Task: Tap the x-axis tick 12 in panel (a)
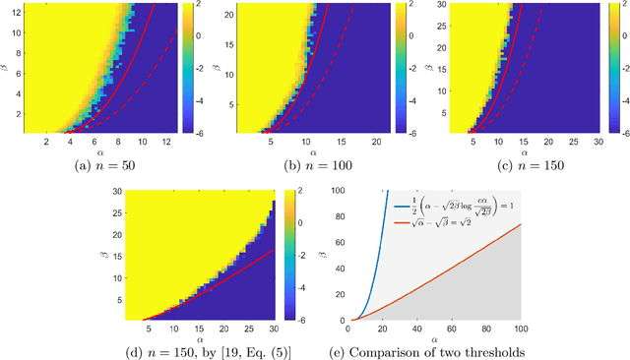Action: pyautogui.click(x=168, y=142)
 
